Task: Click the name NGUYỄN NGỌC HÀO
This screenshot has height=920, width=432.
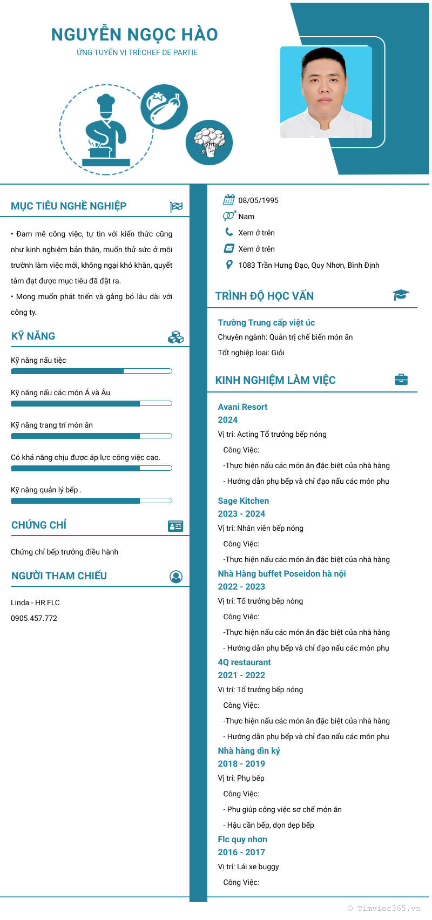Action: coord(134,35)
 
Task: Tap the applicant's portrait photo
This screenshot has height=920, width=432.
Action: coord(326,92)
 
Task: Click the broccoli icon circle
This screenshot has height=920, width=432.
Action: coord(209,143)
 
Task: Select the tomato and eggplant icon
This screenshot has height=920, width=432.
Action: coord(164,106)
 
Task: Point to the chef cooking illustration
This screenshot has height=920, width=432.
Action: coord(106,130)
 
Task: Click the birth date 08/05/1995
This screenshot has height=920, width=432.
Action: coord(259,200)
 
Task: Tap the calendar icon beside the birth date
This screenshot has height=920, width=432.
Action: coord(229,200)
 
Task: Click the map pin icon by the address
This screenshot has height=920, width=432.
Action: coord(229,265)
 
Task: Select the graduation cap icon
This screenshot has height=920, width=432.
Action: coord(401,295)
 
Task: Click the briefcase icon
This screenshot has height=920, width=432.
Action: coord(401,380)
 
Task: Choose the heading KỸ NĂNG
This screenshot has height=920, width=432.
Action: coord(33,336)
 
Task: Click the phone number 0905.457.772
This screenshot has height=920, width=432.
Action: coord(34,618)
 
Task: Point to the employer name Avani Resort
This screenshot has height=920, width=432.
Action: coord(242,407)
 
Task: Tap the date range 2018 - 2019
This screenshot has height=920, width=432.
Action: coord(241,763)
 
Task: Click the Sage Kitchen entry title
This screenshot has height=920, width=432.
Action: coord(244,501)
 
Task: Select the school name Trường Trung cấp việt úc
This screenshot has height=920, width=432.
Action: coord(266,323)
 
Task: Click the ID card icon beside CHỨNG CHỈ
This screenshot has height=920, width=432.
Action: coord(175,526)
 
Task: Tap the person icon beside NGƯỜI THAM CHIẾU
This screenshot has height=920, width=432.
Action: coord(176,577)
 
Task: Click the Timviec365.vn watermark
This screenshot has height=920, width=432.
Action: coord(384,908)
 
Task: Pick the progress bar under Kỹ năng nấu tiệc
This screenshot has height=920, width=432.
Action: coord(91,371)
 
